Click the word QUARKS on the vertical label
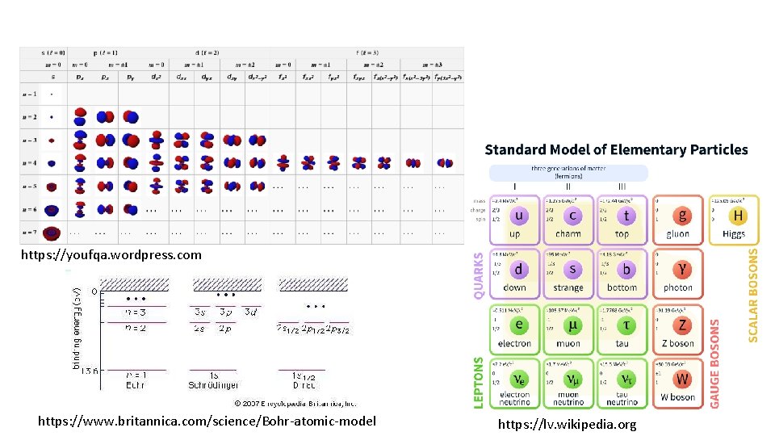(x=478, y=275)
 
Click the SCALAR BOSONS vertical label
(x=752, y=295)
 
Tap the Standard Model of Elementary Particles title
(x=616, y=149)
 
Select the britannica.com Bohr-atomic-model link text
(x=207, y=421)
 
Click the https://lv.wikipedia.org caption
(x=567, y=424)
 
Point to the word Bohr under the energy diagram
(x=134, y=386)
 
